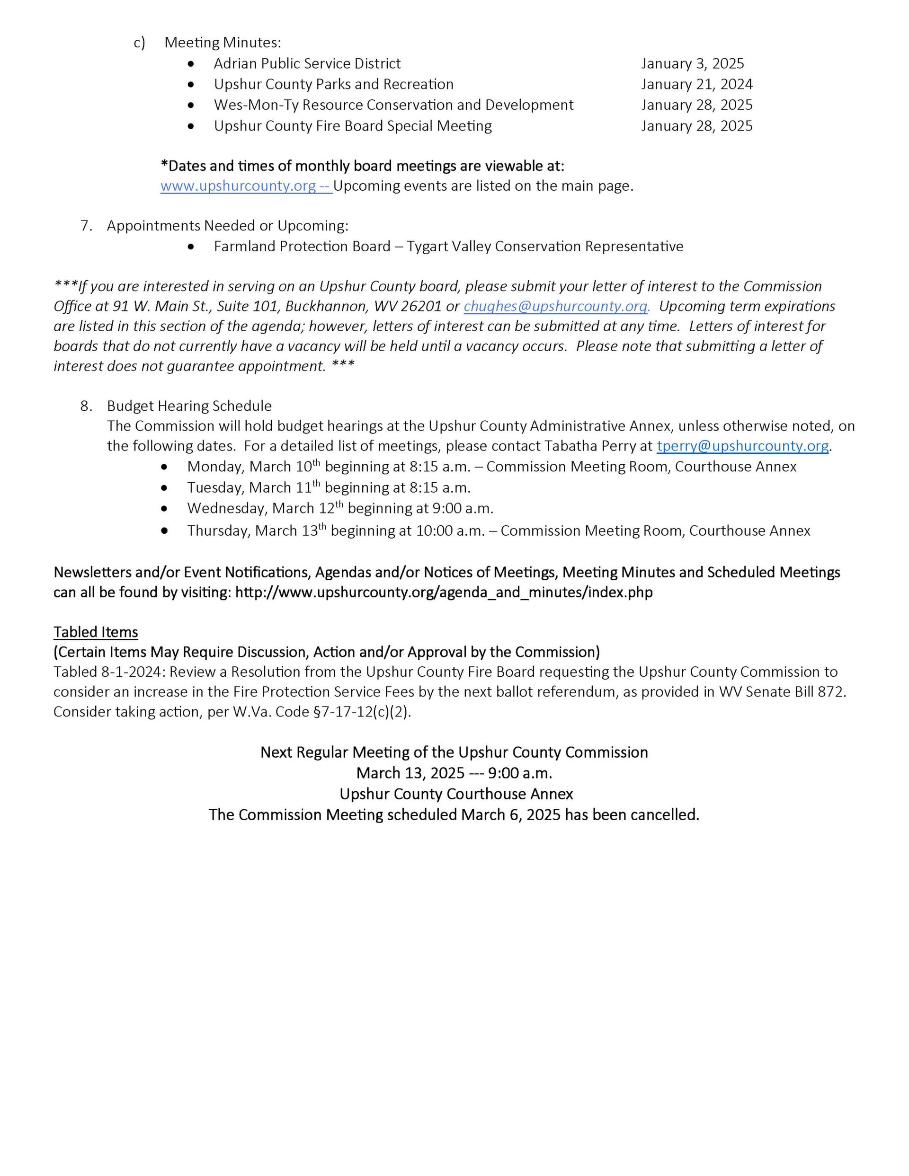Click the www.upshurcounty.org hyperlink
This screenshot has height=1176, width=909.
238,186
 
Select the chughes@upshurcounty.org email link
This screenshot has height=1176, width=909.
555,306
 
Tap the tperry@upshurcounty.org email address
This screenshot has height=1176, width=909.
742,446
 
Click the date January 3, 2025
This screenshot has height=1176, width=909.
692,63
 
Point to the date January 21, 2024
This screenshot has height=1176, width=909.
697,84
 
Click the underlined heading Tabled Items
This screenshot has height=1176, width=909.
96,632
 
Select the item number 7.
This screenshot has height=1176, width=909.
86,226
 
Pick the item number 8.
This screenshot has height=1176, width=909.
86,406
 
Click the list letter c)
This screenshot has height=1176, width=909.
140,43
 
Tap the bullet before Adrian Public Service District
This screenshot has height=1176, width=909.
191,64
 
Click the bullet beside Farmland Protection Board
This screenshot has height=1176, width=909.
191,247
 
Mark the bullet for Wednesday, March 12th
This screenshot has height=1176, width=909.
164,508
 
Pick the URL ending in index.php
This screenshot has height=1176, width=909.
444,592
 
